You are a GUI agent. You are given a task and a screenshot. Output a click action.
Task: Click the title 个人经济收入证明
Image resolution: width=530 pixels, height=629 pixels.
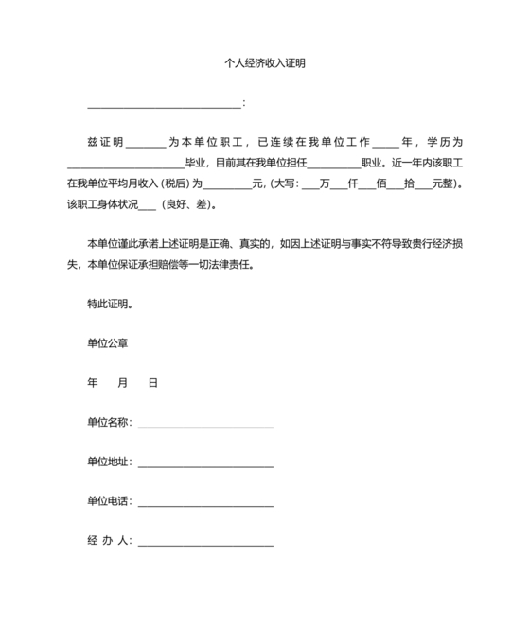(x=264, y=64)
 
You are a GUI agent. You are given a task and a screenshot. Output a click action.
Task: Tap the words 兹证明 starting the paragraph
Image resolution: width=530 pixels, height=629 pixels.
(x=105, y=143)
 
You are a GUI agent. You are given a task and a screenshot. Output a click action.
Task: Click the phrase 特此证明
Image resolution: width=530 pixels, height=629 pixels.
(x=109, y=305)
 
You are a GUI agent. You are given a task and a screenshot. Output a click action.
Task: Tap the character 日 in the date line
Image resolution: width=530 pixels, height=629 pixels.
(x=152, y=384)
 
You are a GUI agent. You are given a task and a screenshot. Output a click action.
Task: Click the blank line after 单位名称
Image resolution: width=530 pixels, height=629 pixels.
(x=205, y=425)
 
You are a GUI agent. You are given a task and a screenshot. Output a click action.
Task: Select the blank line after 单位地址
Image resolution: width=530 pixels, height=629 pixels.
(x=205, y=464)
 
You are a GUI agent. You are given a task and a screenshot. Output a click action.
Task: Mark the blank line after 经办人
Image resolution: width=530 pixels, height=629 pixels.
(x=205, y=544)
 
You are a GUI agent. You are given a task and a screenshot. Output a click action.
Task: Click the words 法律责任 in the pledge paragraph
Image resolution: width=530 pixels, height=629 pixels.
(x=230, y=265)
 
